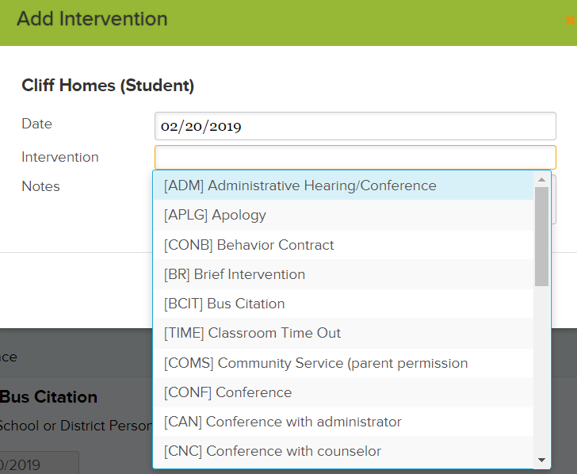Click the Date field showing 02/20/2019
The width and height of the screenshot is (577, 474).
coord(355,126)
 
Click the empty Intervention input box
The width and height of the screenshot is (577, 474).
coord(355,158)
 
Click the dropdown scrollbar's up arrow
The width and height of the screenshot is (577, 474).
coord(541,180)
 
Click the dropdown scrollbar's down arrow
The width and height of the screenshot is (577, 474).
coord(541,460)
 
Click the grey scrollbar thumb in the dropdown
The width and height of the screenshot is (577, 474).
coord(541,236)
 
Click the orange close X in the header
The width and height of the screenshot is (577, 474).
coord(571,21)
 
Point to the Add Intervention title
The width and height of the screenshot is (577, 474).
coord(92,19)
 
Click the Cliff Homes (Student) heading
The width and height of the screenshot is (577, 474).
coord(108,86)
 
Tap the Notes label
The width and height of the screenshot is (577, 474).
coord(40,186)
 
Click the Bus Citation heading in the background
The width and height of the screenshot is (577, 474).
coord(48,397)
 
